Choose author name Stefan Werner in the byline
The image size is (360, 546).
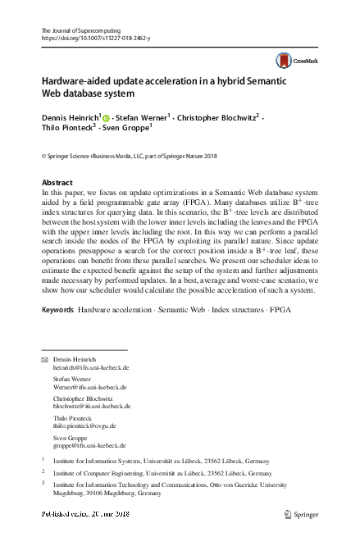pos(142,118)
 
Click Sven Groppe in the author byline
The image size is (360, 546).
pos(127,129)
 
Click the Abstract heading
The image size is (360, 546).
pos(57,181)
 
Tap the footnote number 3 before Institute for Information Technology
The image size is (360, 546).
pos(43,485)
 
